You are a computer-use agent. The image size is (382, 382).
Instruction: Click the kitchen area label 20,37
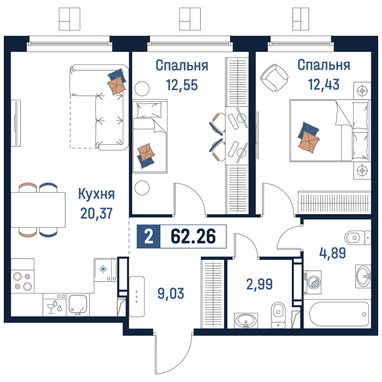coord(97,214)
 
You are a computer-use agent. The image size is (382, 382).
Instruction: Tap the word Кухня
coord(97,194)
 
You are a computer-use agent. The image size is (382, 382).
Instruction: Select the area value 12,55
coord(182,85)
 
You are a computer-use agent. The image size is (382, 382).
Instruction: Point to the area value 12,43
coord(324,84)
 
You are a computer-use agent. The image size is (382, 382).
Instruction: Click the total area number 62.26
coord(193,236)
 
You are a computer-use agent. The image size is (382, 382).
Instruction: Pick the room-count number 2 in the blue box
coord(149,236)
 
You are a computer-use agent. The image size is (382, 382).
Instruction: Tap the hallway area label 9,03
coord(171,293)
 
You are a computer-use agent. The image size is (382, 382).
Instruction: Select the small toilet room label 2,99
coord(259,284)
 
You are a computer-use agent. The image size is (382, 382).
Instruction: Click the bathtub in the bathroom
coord(339,314)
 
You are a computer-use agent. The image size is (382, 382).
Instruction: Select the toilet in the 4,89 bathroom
coord(358,238)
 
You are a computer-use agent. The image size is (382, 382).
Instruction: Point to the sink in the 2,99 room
coord(246,320)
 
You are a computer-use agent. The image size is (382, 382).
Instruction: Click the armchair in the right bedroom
coord(274,78)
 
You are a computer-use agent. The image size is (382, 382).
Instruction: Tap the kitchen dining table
coord(38,210)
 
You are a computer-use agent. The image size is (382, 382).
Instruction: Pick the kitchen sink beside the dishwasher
coord(78,304)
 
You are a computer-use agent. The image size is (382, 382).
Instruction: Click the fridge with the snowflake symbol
coord(105,270)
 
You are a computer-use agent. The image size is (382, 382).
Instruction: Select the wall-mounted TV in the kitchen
coord(16,123)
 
